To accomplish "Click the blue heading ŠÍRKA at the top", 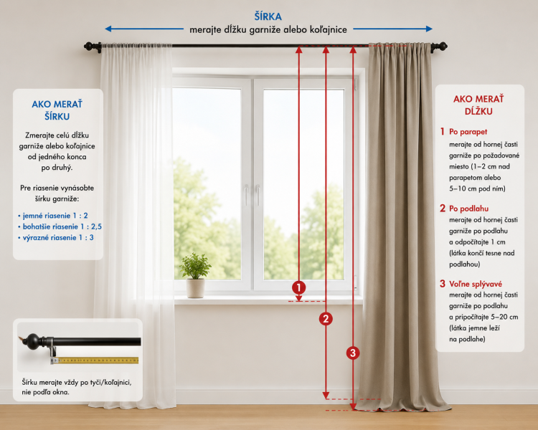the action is tap(268, 16).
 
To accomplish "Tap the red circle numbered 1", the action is tap(299, 287).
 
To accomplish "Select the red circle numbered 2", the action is tap(326, 319).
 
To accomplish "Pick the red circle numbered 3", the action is tap(353, 353).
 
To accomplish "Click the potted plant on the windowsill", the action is tap(196, 275).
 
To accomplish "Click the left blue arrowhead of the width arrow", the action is tap(108, 29).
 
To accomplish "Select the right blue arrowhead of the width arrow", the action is tap(429, 29).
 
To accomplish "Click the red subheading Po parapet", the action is tap(468, 132).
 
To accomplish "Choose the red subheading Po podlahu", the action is tap(468, 209).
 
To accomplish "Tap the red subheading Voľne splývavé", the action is tap(476, 284).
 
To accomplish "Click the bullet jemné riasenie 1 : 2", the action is tap(53, 216).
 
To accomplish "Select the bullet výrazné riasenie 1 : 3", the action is tap(55, 238).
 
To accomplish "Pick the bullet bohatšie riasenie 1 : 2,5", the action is tap(60, 226).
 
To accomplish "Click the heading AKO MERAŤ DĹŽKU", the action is tap(478, 105).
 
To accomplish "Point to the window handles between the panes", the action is tap(252, 195).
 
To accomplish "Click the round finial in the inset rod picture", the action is tap(33, 342).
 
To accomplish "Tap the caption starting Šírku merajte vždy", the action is tap(77, 387).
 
